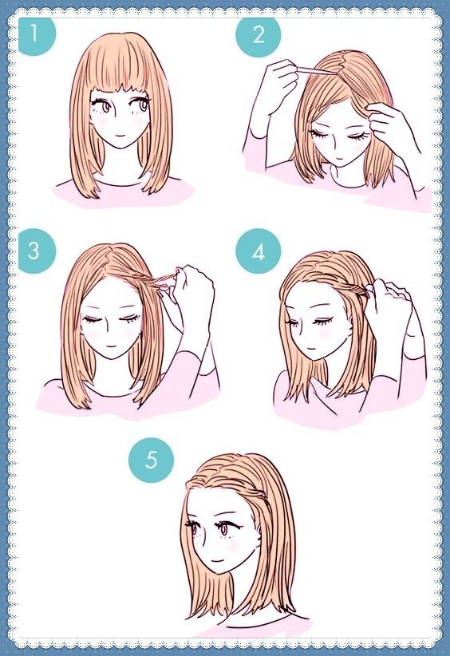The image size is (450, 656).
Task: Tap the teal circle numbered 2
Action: click(258, 35)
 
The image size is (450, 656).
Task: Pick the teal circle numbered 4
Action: click(258, 251)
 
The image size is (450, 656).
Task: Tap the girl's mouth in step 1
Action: click(119, 136)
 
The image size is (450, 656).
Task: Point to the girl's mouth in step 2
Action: click(340, 160)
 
